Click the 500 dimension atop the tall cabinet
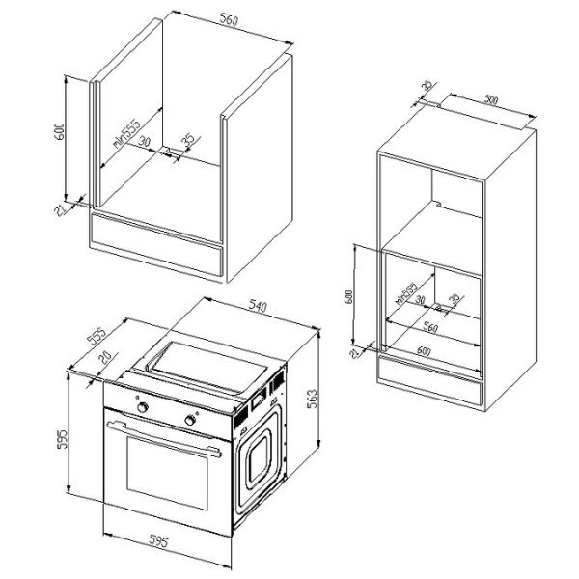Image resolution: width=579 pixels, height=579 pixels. [x=492, y=99]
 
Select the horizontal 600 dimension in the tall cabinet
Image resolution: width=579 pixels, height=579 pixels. [x=425, y=349]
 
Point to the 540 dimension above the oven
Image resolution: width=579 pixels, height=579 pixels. [x=258, y=307]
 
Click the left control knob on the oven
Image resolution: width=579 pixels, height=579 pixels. [x=144, y=408]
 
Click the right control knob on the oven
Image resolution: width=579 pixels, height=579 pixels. [x=191, y=421]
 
